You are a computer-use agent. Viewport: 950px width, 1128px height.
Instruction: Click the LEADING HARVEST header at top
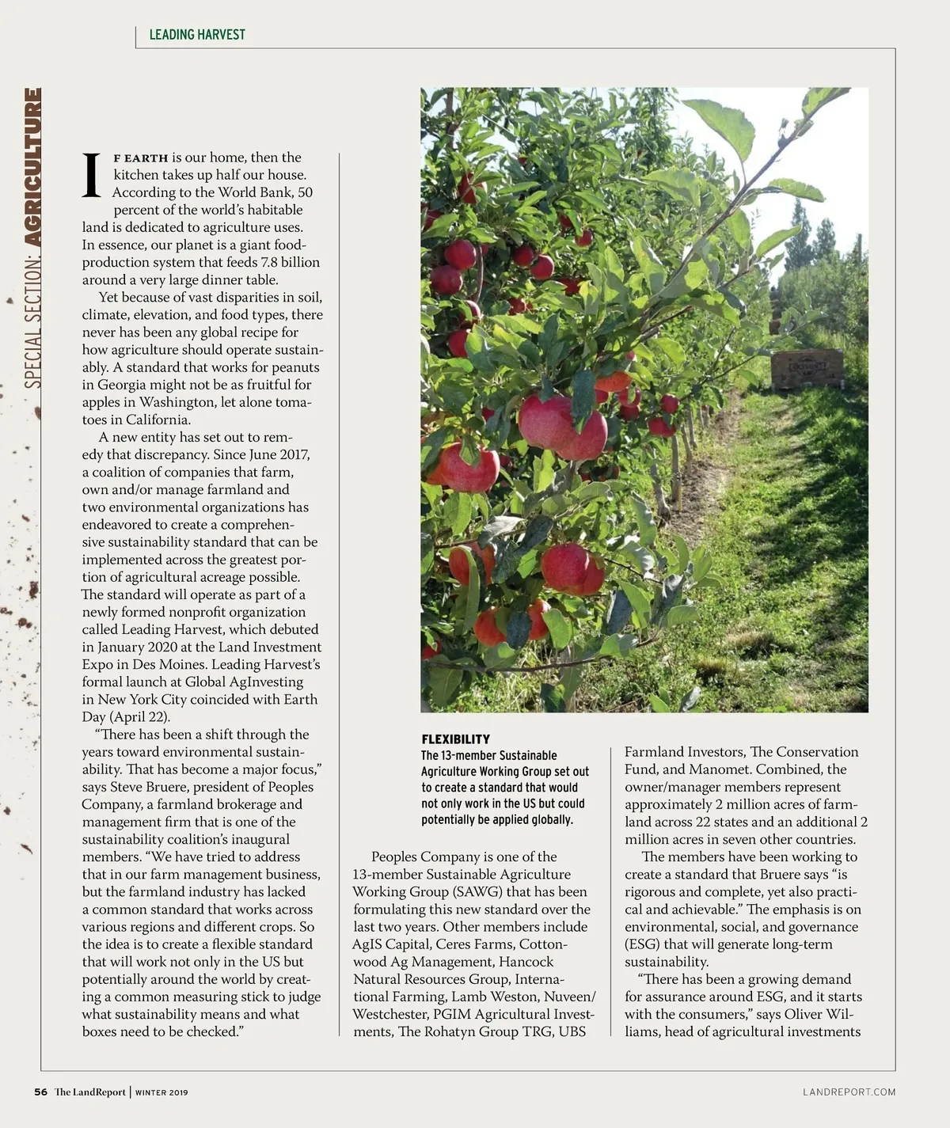pyautogui.click(x=197, y=34)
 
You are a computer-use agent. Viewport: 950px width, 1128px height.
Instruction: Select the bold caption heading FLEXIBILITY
pyautogui.click(x=455, y=739)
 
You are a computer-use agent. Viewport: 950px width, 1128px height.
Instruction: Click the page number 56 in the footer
pyautogui.click(x=40, y=1092)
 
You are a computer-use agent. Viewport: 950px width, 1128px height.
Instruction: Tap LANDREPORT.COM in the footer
pyautogui.click(x=849, y=1092)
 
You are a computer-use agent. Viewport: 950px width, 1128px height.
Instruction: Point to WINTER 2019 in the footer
pyautogui.click(x=161, y=1093)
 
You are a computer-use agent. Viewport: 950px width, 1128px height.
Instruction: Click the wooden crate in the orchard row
pyautogui.click(x=807, y=368)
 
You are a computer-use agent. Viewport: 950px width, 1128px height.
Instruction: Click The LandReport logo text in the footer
pyautogui.click(x=90, y=1092)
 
